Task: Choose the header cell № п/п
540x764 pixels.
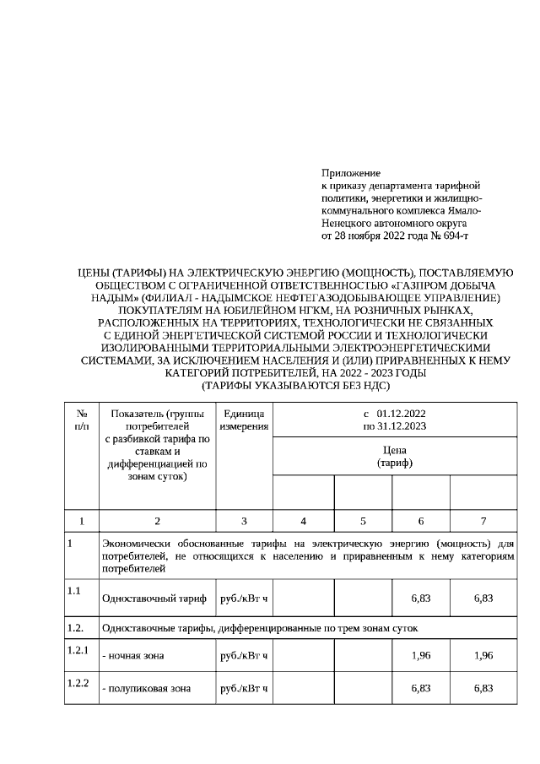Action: tap(82, 420)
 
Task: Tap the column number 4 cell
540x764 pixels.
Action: tap(304, 521)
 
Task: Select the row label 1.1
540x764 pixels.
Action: tap(74, 590)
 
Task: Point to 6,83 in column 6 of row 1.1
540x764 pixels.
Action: tap(420, 598)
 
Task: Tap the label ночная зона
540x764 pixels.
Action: tap(133, 655)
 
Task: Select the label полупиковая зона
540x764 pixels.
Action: tap(145, 688)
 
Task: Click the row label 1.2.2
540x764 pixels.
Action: tap(78, 681)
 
